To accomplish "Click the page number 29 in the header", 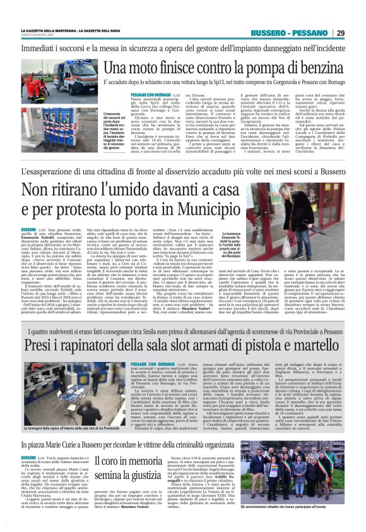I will pos(340,33).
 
